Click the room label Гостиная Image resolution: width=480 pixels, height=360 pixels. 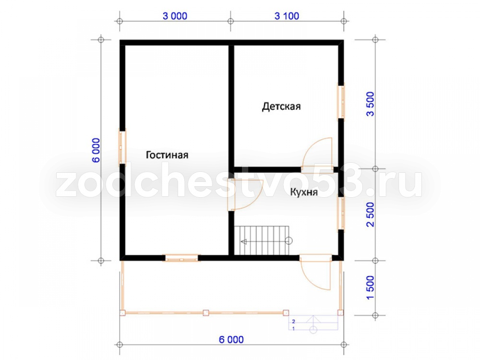click(167, 155)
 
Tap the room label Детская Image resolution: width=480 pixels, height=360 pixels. click(281, 107)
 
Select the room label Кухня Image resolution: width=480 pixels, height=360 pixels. click(304, 192)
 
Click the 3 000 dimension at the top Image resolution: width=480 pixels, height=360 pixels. click(175, 16)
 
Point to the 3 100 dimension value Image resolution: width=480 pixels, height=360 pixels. click(287, 16)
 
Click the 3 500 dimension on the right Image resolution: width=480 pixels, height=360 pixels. click(371, 104)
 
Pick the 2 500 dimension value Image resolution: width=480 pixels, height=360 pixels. click(371, 214)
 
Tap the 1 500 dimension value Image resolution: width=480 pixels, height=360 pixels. click(371, 288)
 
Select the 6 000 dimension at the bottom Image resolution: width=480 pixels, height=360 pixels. click(231, 339)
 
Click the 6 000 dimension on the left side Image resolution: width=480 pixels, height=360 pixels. click(96, 150)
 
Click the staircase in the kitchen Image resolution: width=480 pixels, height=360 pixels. click(262, 240)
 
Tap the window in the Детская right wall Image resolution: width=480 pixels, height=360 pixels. click(341, 101)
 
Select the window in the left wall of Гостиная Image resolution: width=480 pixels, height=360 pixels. click(122, 147)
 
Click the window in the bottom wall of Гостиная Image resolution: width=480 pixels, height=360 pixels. click(181, 258)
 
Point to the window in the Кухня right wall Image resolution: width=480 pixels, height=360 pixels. click(341, 214)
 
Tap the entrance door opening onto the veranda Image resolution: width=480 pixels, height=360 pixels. click(316, 273)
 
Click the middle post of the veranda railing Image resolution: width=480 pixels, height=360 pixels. click(206, 313)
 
